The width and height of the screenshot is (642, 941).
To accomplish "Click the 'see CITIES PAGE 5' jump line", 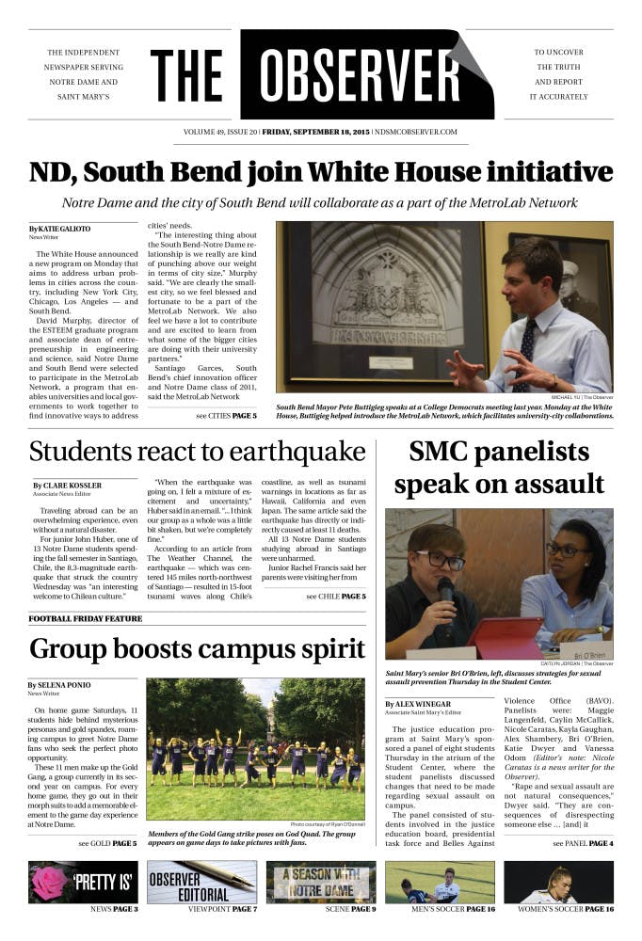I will click(226, 415).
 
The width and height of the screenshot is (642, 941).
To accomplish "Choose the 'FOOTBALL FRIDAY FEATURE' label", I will click(86, 619).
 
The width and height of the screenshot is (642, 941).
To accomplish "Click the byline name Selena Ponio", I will click(66, 685).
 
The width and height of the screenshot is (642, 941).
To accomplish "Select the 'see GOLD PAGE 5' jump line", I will click(107, 843).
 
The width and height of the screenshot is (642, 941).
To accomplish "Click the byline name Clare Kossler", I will click(72, 485).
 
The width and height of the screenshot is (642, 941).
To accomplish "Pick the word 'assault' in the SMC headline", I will click(546, 484).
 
